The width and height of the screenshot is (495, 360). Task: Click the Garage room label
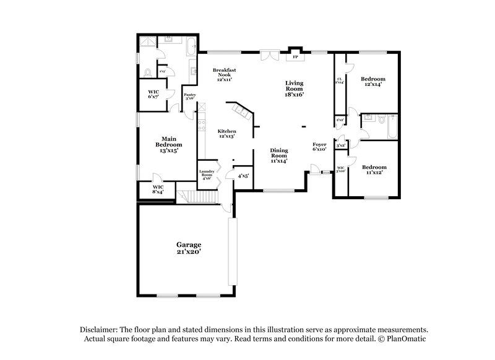click(x=186, y=248)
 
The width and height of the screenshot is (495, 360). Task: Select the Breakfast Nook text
click(x=223, y=75)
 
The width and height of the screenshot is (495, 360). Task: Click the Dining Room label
click(x=279, y=154)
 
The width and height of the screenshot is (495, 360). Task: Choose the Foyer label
click(x=319, y=147)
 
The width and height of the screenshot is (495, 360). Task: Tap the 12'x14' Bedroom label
click(x=373, y=82)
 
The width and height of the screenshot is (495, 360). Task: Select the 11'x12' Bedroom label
click(x=374, y=170)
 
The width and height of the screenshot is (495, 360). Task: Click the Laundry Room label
click(x=205, y=174)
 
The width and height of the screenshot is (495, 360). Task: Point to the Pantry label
click(x=190, y=96)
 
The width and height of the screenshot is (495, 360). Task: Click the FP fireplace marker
click(x=296, y=57)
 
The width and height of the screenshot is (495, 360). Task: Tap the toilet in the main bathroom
click(x=147, y=73)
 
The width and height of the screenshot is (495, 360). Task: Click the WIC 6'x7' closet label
click(x=153, y=96)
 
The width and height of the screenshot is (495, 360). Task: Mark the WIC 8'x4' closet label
click(x=158, y=189)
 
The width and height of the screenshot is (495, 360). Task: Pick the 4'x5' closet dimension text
click(x=244, y=176)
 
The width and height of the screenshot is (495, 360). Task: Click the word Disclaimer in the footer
click(x=98, y=330)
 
